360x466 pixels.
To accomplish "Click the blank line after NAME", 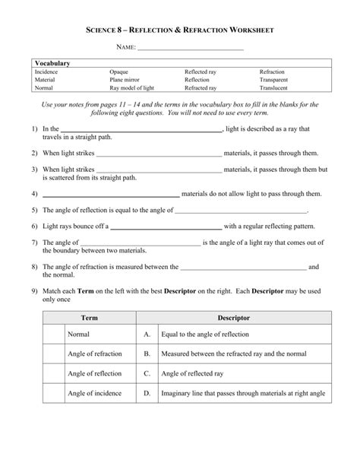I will [191, 49].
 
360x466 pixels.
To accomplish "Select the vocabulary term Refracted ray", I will [201, 87].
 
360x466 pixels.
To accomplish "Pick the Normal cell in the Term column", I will [79, 334].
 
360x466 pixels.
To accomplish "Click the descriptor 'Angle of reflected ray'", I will [192, 374].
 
